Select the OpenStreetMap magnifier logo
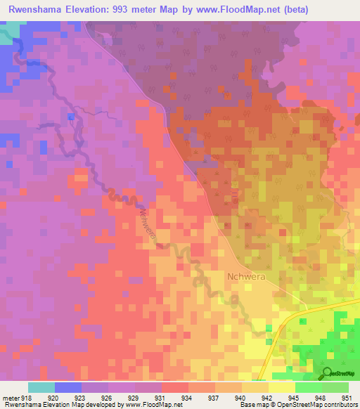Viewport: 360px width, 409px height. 328,374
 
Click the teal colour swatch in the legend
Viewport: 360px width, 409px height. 41,387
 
